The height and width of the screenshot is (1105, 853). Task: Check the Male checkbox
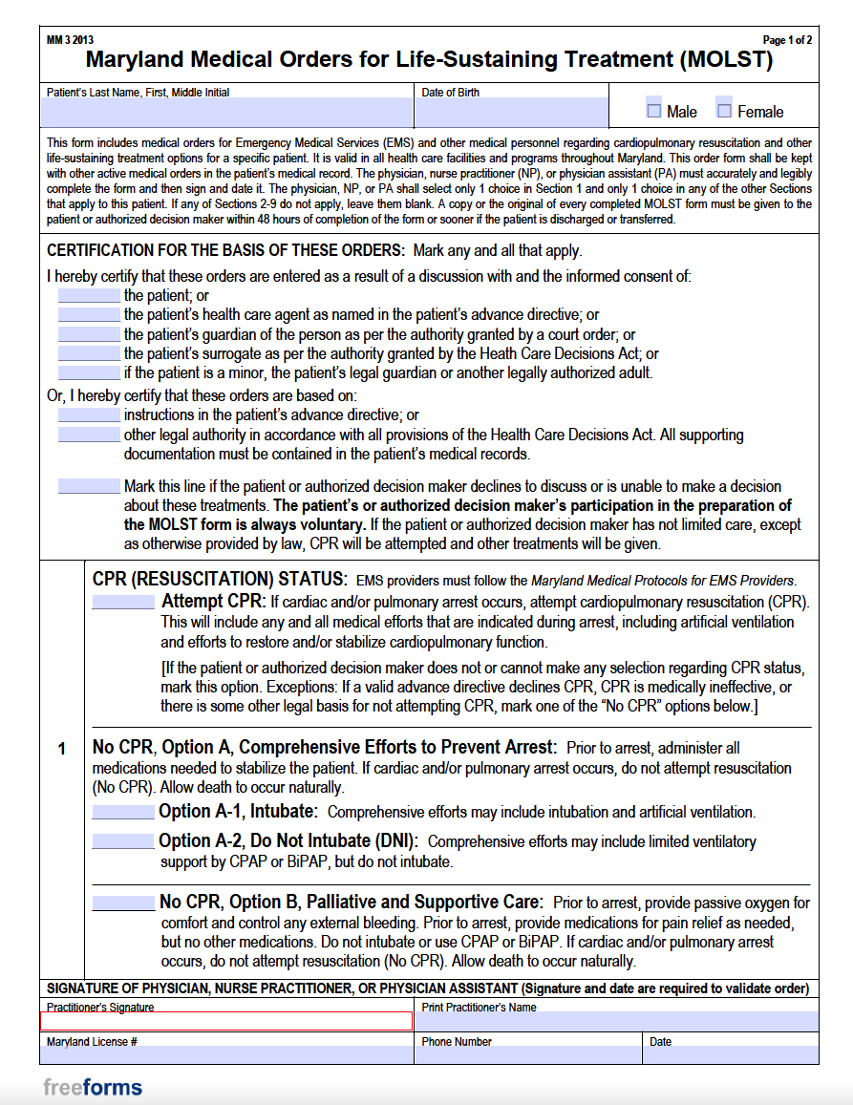click(x=654, y=111)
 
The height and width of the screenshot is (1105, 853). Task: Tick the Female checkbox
click(x=725, y=111)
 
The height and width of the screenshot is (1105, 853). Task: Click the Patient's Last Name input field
click(x=226, y=113)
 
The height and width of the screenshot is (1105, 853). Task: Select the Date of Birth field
click(x=511, y=113)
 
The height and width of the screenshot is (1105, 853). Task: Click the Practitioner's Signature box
click(x=226, y=1022)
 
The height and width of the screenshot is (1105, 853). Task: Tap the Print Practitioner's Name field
click(x=616, y=1022)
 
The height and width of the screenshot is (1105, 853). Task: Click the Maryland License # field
click(x=226, y=1054)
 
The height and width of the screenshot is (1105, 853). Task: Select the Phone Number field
click(x=528, y=1054)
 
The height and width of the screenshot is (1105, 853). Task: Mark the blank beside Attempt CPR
click(x=123, y=603)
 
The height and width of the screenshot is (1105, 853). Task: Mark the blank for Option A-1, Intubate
click(x=123, y=813)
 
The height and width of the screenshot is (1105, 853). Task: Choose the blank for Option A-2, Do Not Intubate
click(x=123, y=842)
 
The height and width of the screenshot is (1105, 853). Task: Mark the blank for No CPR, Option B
click(x=123, y=903)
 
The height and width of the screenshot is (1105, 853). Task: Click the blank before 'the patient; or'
click(x=90, y=296)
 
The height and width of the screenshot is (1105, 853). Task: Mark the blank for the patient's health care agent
click(x=90, y=315)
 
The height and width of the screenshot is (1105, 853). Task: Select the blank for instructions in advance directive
click(x=90, y=415)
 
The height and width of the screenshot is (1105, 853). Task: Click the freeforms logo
click(x=93, y=1087)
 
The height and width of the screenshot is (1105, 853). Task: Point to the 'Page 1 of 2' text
click(x=787, y=40)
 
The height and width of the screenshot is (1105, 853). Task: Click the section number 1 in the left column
click(x=62, y=749)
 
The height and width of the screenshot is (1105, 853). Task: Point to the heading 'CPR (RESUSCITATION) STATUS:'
click(x=220, y=580)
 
